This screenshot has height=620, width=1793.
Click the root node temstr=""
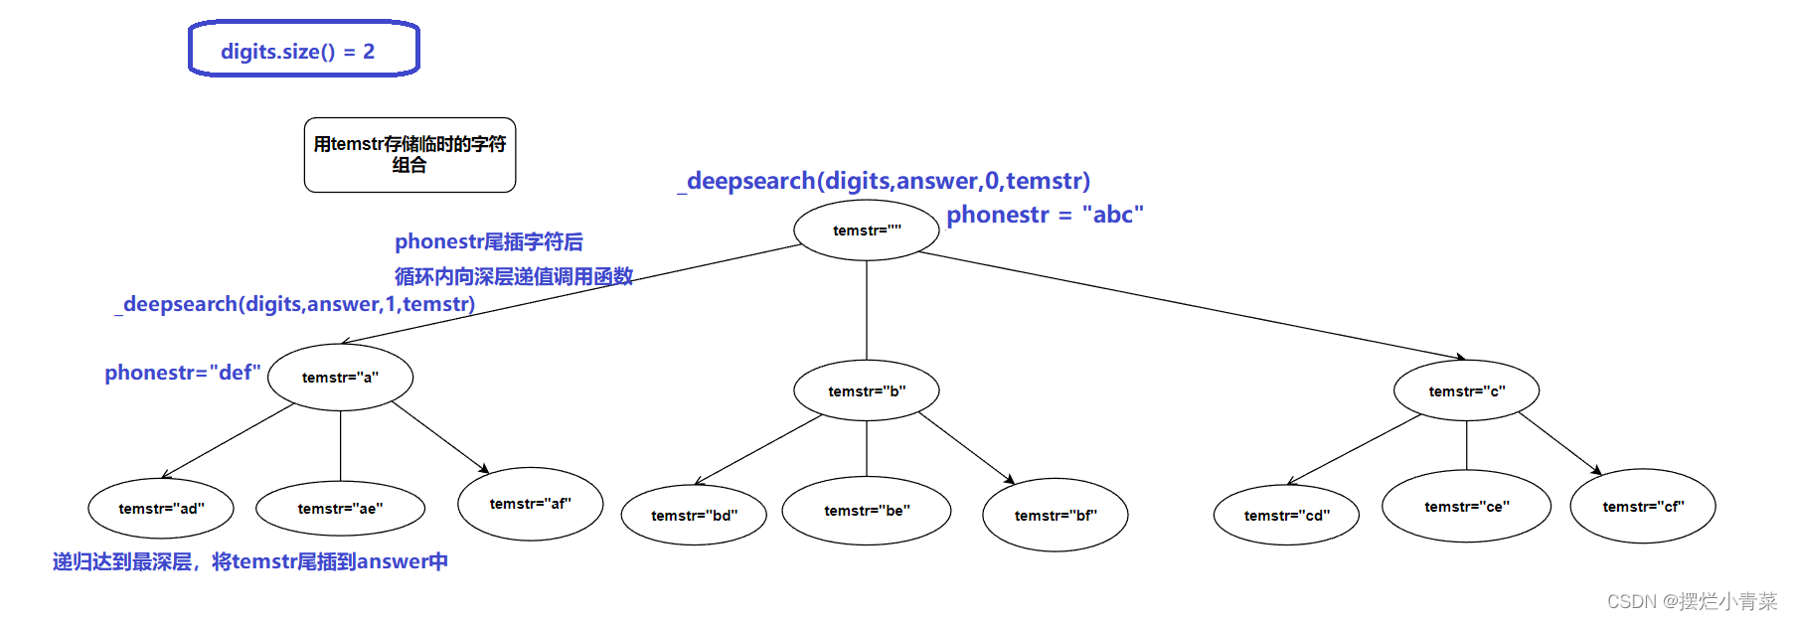pos(867,230)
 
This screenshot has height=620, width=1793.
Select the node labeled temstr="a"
pos(340,377)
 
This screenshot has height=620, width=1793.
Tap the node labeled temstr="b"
pos(867,390)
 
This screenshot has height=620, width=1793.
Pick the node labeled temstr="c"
pos(1466,390)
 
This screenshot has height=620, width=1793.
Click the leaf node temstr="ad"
pos(161,508)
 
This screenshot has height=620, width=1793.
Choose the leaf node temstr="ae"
pos(340,508)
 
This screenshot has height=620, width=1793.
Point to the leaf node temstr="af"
pos(530,504)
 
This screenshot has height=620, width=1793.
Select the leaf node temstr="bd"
pos(694,515)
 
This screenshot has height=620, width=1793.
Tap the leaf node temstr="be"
pos(867,511)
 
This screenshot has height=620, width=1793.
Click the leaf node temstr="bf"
pos(1055,515)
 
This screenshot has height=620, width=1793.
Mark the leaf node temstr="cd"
pos(1286,515)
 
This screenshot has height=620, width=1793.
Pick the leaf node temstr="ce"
pos(1466,507)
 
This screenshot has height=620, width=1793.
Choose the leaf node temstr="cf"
pos(1643,507)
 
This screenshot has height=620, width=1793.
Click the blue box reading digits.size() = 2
pos(303,49)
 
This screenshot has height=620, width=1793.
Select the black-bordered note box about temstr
pos(409,155)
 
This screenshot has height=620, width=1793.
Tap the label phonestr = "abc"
pos(1045,215)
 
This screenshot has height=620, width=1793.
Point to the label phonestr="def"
pos(183,373)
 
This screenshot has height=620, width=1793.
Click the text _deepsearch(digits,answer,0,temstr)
pos(885,181)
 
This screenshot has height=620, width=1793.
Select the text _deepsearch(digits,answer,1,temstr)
pos(295,304)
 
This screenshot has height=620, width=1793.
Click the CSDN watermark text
pos(1692,601)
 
